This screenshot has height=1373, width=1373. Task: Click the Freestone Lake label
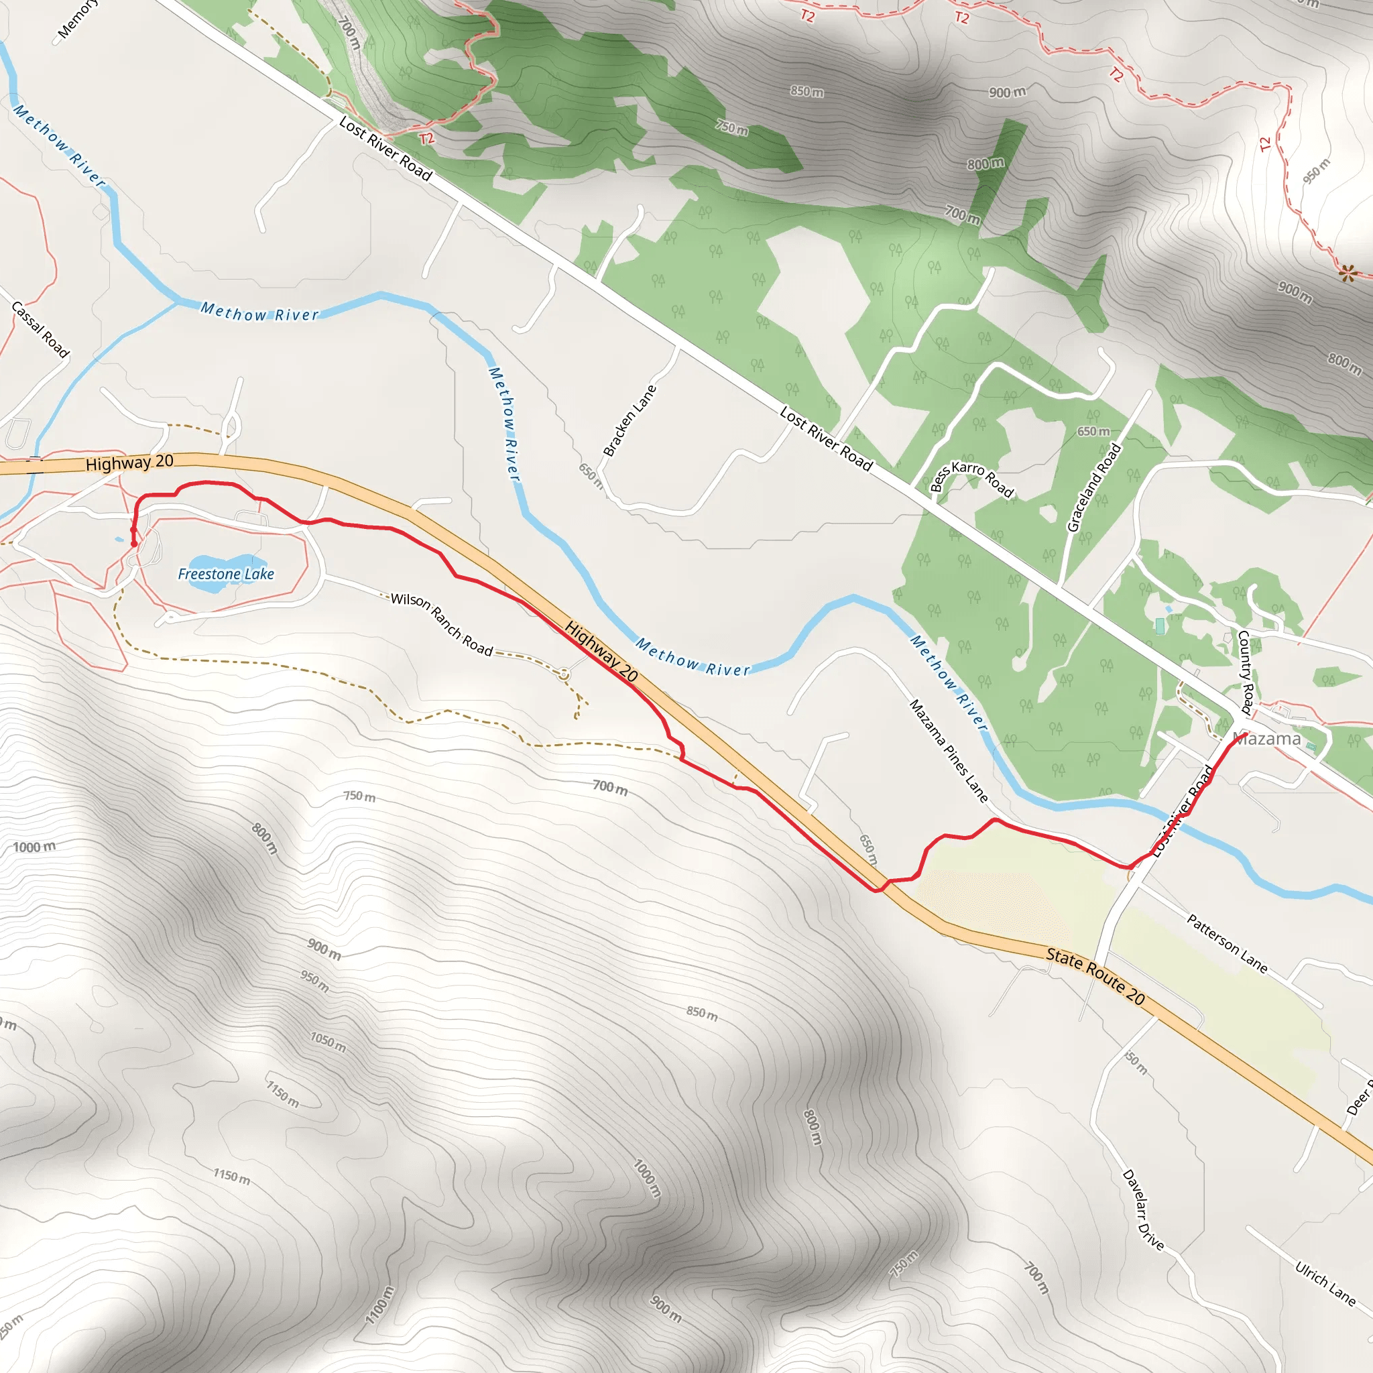225,573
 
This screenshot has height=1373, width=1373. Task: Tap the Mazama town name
1268,739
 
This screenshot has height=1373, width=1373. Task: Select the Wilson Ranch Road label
441,624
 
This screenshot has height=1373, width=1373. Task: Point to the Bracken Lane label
629,421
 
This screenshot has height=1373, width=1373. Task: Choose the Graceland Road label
1093,487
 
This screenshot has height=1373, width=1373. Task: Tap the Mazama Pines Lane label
948,750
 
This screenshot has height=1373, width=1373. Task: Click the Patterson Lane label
1228,943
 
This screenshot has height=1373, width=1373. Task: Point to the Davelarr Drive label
1143,1209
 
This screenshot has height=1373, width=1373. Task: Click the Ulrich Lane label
1325,1282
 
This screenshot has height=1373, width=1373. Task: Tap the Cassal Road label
40,329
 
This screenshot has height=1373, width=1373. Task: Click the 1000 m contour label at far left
34,847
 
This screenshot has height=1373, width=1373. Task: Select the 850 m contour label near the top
807,91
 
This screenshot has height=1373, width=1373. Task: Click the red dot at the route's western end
133,544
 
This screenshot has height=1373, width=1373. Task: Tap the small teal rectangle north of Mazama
1160,626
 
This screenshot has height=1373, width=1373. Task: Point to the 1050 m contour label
328,1042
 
